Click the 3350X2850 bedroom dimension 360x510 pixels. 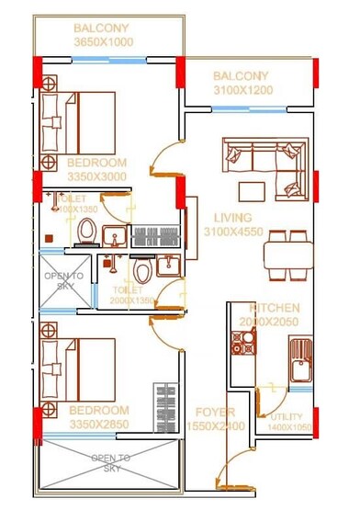tap(97, 424)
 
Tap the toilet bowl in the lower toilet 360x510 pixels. tap(141, 271)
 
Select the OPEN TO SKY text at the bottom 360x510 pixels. tap(111, 462)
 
